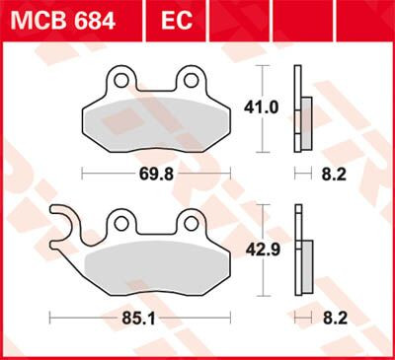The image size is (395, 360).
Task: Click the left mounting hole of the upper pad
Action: click(118, 78)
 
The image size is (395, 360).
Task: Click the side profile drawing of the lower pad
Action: click(301, 252)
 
